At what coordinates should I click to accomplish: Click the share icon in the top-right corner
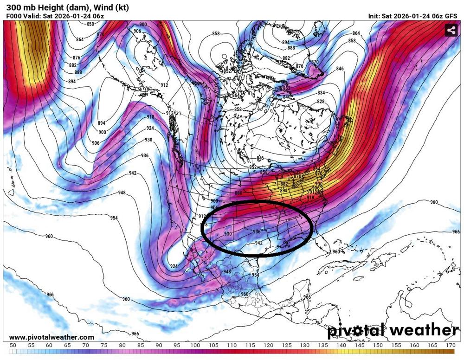coord(451,31)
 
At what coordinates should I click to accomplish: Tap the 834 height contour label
coord(321,93)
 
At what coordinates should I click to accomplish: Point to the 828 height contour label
coord(321,102)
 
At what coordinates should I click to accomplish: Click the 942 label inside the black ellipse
coord(259,242)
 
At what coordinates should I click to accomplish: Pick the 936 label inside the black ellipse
coord(257,231)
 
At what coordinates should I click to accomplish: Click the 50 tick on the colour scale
coord(13,345)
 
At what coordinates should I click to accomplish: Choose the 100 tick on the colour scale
coord(195,345)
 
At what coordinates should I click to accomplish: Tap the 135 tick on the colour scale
coord(323,345)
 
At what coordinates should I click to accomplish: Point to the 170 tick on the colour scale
coord(450,345)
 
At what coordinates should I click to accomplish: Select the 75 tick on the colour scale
coord(103,345)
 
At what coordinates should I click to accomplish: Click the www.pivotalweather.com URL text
coord(52,337)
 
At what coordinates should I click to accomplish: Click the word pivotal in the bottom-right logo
coord(356,330)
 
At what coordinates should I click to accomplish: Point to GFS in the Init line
coord(451,16)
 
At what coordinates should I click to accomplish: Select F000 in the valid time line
coord(14,16)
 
